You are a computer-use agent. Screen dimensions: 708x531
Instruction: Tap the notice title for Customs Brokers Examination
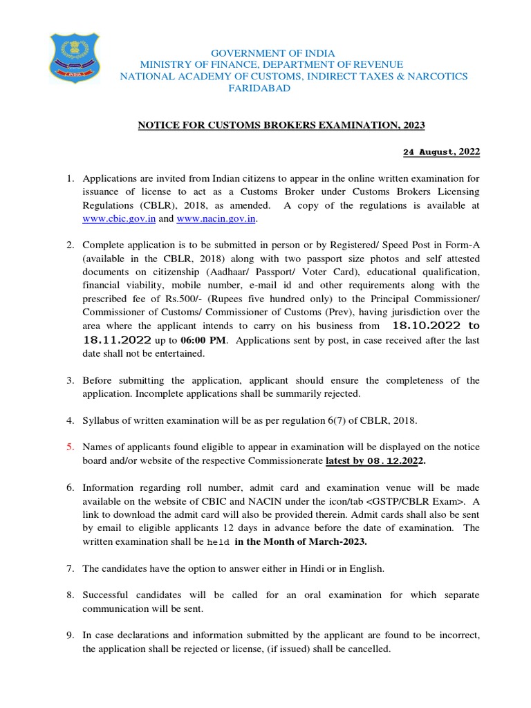point(281,124)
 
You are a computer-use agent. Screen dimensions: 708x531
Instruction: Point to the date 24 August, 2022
point(441,151)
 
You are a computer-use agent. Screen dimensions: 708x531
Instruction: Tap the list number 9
point(70,635)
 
